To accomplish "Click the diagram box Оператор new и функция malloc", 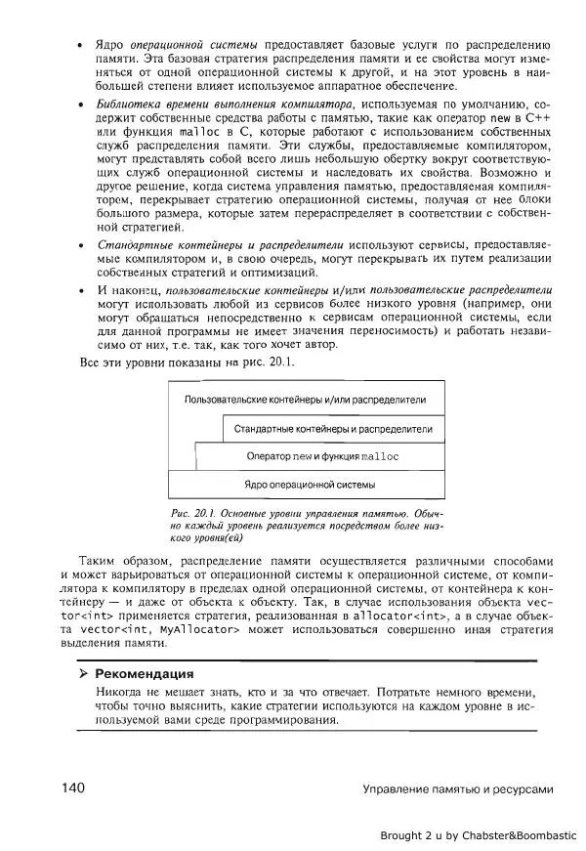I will [322, 456].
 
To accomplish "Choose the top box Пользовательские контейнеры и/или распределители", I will [305, 401].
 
